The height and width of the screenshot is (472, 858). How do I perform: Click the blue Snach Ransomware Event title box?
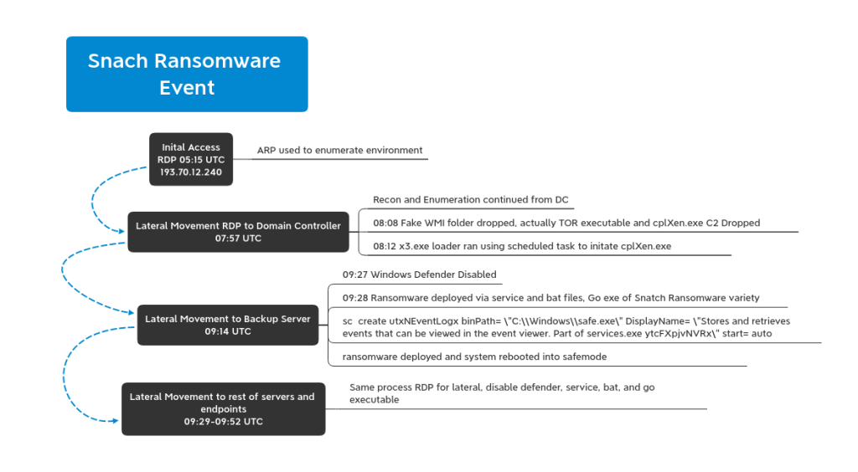click(x=187, y=74)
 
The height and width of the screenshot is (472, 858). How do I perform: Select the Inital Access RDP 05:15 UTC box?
click(x=191, y=160)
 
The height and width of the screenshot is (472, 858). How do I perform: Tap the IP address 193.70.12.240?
click(x=191, y=172)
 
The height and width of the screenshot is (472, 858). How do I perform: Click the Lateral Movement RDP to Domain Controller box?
click(x=238, y=232)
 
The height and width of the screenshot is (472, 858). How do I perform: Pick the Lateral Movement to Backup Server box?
click(x=228, y=325)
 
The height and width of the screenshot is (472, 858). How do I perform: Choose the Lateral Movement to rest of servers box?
click(x=223, y=409)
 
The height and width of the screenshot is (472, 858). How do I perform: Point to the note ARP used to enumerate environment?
click(x=340, y=151)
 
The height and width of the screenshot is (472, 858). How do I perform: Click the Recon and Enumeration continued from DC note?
click(x=471, y=200)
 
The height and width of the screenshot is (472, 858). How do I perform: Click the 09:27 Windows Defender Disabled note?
click(x=420, y=274)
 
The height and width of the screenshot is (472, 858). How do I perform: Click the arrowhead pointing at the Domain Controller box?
click(x=122, y=231)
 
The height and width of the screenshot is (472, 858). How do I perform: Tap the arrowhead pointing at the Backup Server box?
click(x=132, y=312)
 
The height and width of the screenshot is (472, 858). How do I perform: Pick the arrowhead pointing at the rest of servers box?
click(x=115, y=421)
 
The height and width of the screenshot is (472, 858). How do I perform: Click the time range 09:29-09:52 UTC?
click(x=223, y=422)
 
